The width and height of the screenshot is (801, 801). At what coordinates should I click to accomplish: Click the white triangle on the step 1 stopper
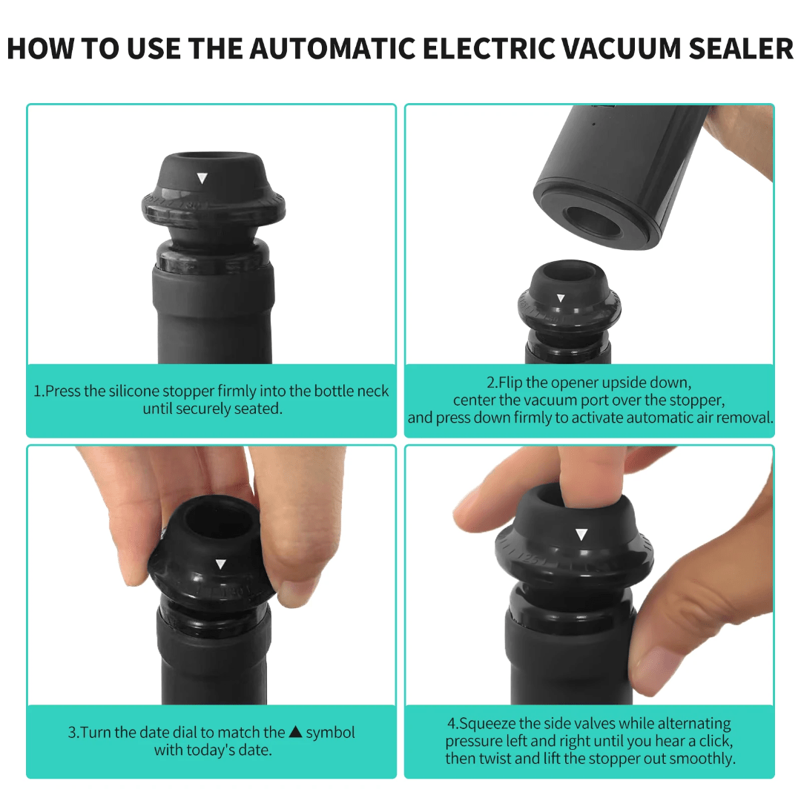201,178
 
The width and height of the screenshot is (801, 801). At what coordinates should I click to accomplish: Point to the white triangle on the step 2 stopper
561,298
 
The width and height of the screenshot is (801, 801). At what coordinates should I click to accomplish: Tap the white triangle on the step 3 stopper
220,564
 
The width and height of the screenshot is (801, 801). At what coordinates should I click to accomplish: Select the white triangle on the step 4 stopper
581,534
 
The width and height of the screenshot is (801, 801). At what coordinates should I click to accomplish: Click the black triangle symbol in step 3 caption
294,732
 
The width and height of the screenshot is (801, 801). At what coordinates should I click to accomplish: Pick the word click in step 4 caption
716,741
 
